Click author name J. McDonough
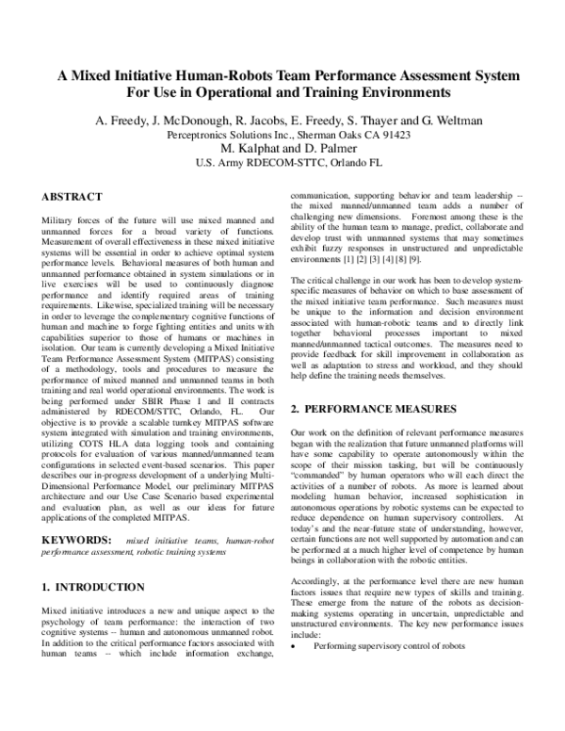[x=191, y=122]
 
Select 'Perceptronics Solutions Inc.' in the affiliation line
[x=225, y=136]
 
